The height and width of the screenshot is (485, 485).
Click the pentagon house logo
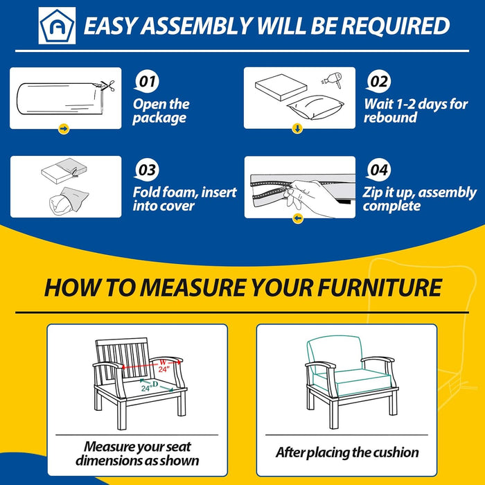click(x=57, y=26)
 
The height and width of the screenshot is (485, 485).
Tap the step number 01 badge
click(x=147, y=82)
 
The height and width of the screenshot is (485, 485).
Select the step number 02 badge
click(x=378, y=82)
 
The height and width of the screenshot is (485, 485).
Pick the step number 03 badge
click(x=147, y=170)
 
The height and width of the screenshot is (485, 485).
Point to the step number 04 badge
click(x=378, y=170)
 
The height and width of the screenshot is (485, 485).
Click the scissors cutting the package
click(x=107, y=85)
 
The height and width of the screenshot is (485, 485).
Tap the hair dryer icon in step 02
click(x=333, y=79)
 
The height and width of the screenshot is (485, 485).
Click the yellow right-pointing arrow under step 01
click(x=64, y=128)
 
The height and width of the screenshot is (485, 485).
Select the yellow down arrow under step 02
click(x=297, y=128)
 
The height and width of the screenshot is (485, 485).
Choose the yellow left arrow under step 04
click(x=298, y=218)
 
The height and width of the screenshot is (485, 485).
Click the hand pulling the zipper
click(x=312, y=198)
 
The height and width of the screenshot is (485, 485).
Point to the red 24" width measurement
click(x=164, y=369)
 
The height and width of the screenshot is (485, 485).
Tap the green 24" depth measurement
click(x=145, y=388)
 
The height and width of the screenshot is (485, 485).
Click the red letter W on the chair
click(x=163, y=362)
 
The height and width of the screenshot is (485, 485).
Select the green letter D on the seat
click(x=155, y=384)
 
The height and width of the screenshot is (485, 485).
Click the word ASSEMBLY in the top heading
click(x=196, y=26)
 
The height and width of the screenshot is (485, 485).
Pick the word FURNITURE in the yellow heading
click(x=380, y=288)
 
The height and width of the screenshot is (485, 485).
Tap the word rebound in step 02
click(x=390, y=118)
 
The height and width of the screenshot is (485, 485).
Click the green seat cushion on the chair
click(x=355, y=382)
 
